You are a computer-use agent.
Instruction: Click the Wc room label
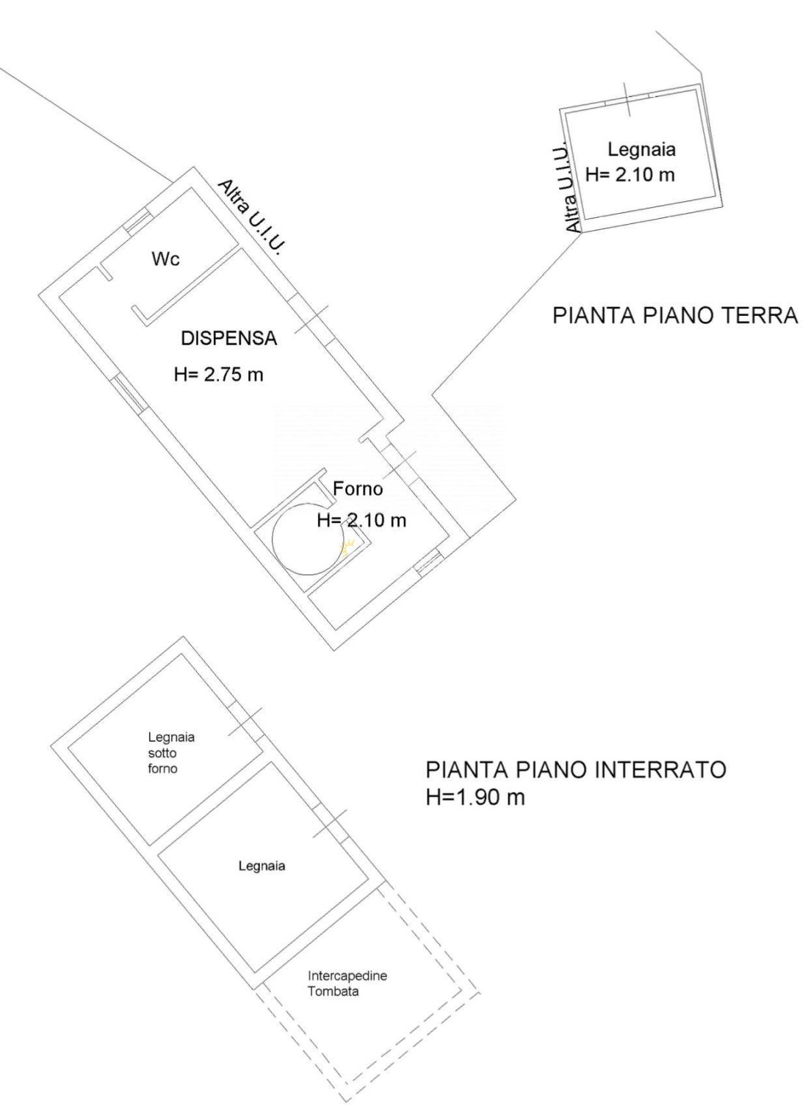point(166,259)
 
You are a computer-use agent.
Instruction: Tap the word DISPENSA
point(229,339)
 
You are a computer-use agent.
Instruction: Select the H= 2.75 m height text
point(219,375)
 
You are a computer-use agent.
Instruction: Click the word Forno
point(358,488)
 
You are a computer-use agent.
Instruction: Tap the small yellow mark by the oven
point(347,548)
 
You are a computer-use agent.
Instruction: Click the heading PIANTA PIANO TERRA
point(676,316)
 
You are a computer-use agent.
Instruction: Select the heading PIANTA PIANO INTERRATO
point(576,770)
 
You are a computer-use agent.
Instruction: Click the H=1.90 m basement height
point(475,798)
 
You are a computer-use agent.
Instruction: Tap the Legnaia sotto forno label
point(170,753)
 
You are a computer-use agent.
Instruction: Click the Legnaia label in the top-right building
point(642,150)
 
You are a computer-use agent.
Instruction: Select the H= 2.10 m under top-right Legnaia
point(630,176)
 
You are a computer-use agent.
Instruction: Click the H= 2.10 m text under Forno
point(361,521)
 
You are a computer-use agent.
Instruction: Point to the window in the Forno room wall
point(429,563)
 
